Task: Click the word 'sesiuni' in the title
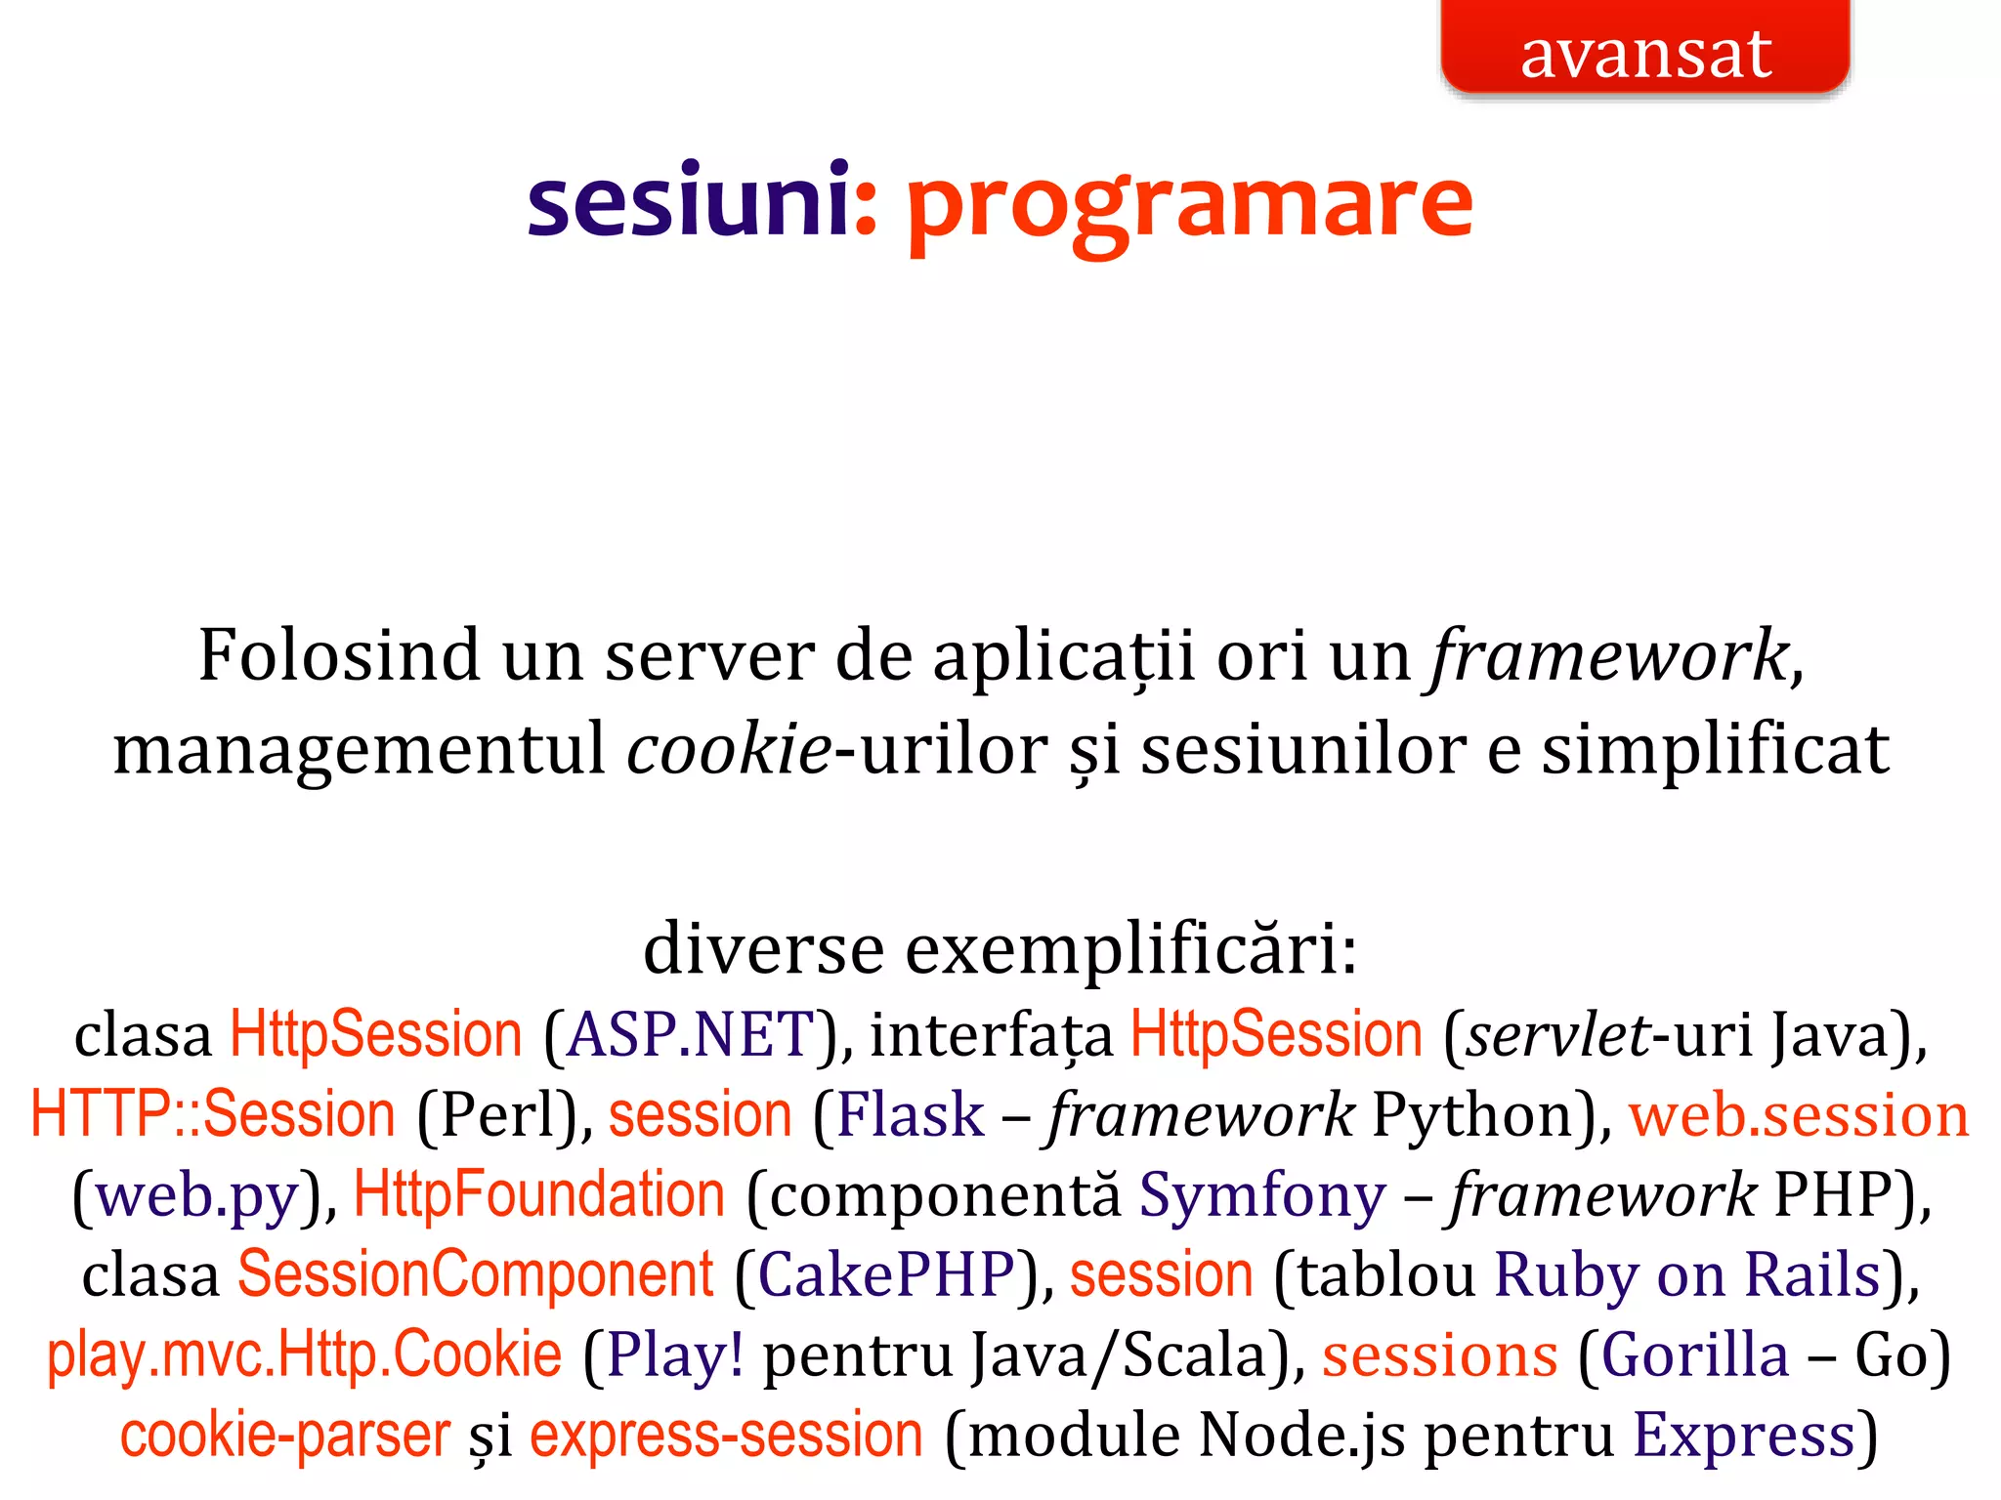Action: pos(688,201)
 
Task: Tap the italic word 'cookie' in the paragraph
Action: pos(729,750)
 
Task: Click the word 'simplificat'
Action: pos(1715,750)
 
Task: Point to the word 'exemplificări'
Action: pos(1130,949)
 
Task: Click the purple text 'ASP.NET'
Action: pos(691,1035)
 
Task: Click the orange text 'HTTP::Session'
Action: pos(213,1115)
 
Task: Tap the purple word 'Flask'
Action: pos(911,1115)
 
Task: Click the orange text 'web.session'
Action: pos(1799,1115)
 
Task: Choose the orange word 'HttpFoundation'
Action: pos(539,1195)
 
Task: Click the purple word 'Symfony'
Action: pos(1262,1195)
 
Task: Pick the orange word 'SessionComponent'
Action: pos(476,1275)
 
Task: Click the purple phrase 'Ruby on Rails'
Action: pos(1687,1275)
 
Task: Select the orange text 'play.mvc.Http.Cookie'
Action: pos(305,1355)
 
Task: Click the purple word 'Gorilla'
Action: pos(1695,1355)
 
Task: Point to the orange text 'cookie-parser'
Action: pos(285,1436)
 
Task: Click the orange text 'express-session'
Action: pos(726,1436)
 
